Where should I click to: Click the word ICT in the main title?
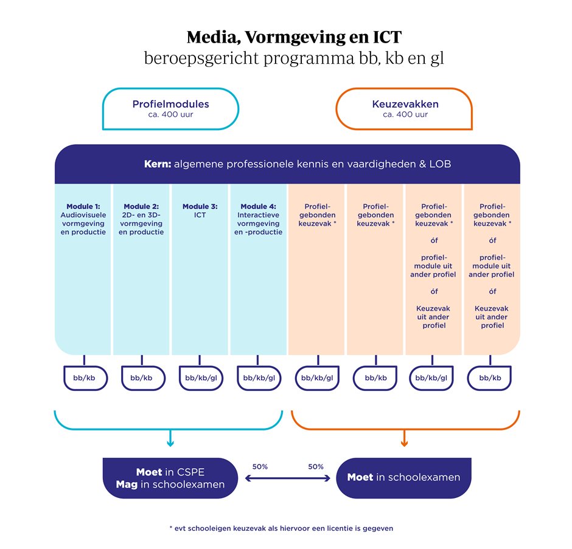coord(387,37)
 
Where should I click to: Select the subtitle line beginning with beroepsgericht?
coord(294,58)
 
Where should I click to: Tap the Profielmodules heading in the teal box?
coord(171,104)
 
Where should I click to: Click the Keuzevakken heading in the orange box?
coord(405,104)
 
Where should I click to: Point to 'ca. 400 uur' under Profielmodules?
coord(171,114)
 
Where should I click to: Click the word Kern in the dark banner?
coord(158,164)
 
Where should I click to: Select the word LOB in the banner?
coord(440,164)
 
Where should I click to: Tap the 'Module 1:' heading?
coord(83,206)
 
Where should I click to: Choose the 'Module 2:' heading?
coord(141,206)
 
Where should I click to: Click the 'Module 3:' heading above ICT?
coord(200,206)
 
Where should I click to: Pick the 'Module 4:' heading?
coord(258,206)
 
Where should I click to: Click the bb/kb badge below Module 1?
coord(85,378)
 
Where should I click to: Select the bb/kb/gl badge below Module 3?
coord(201,378)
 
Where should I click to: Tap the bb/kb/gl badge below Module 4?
coord(259,378)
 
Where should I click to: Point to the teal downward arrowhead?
coord(170,444)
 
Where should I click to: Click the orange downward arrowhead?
coord(404,444)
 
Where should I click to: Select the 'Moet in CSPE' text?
coord(170,472)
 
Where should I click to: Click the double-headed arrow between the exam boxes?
coord(287,478)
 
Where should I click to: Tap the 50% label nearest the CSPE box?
coord(260,466)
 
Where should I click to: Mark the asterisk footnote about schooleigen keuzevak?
coord(281,528)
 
